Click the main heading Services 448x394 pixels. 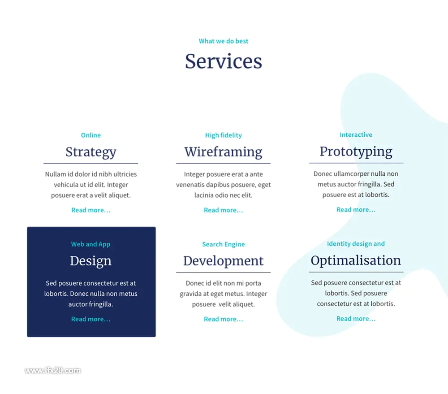(224, 61)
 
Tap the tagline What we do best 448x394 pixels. (224, 41)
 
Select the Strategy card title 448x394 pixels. (91, 152)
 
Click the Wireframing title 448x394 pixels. (224, 152)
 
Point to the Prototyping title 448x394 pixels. (356, 152)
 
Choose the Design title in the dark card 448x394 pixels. (91, 261)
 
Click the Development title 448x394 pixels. (224, 261)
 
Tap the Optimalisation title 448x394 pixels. (356, 260)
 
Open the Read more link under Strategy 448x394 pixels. (91, 210)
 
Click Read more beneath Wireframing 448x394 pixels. (224, 210)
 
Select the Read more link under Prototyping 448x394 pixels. (356, 210)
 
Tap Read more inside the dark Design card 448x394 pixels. (91, 319)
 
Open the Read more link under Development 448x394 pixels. (224, 319)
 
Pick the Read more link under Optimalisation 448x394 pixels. (356, 319)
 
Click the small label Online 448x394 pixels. (91, 135)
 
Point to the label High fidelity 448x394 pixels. (224, 135)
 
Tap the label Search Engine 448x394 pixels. (224, 244)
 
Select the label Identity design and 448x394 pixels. (356, 243)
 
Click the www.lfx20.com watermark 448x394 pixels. (52, 371)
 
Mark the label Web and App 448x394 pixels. (91, 244)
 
